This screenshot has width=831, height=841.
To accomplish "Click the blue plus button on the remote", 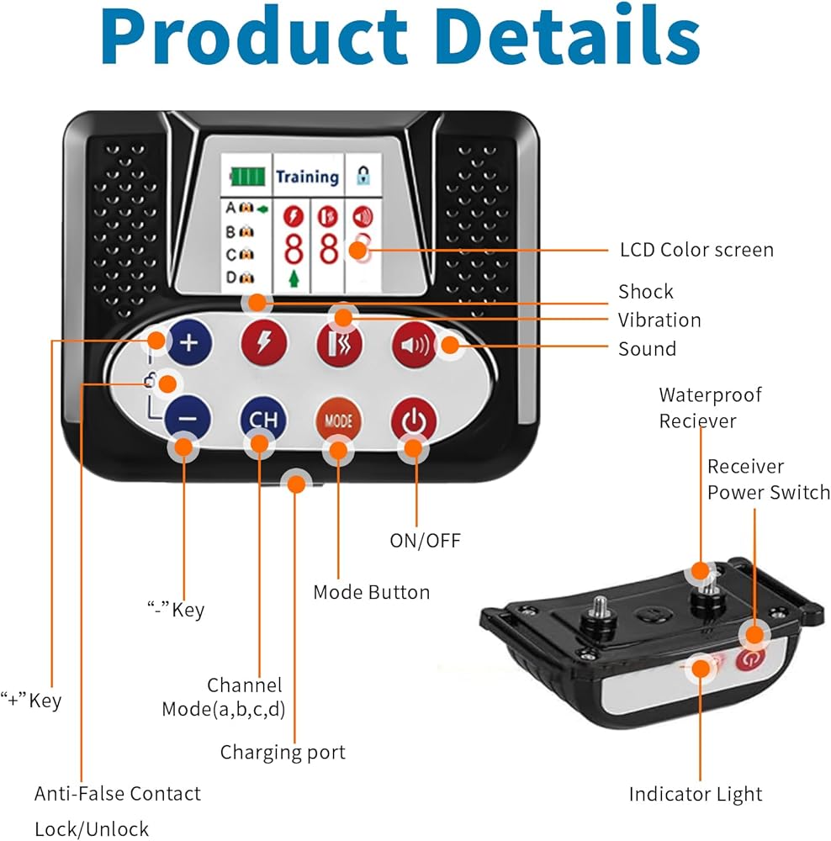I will coord(188,342).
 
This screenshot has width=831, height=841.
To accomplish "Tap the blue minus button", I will coord(188,418).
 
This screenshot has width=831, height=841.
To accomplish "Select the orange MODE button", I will coord(338,420).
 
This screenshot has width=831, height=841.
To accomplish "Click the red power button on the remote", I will coord(412,419).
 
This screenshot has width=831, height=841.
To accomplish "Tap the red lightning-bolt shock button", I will coord(263,343).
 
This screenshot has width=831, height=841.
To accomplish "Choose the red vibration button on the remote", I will coord(338,344).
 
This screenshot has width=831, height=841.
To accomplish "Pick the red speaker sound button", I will coord(414,344).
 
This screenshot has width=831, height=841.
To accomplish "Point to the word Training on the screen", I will coord(307,177).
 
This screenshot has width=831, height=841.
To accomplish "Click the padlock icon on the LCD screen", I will coord(363,177).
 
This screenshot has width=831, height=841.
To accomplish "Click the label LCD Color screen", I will coord(696,250).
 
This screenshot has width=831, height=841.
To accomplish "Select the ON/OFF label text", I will coord(425,540).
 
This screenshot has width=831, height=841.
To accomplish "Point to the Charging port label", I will coord(283,751).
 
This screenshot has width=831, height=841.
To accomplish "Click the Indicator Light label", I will coord(696,794).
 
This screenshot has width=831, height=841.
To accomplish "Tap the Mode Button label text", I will coord(371,592).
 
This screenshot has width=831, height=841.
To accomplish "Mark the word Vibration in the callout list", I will coord(659,320).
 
